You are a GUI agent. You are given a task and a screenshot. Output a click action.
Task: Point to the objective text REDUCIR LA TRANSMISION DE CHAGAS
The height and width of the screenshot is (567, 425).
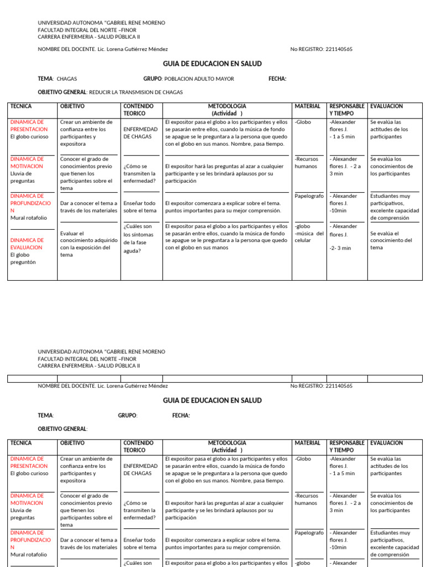point(136,92)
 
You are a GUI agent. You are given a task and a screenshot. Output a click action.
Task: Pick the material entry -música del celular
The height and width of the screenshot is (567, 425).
point(309,236)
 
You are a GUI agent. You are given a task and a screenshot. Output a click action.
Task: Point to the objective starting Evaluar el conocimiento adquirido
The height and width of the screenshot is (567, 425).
point(89,244)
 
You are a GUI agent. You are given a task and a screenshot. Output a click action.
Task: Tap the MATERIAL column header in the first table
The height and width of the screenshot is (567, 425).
point(307,106)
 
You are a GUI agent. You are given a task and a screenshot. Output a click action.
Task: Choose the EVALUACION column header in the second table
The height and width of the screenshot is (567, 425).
point(386,443)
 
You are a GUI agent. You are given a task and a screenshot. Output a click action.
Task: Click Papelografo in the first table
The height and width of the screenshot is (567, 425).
point(309,196)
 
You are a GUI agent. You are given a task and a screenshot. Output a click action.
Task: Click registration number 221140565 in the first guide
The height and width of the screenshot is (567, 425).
point(339,49)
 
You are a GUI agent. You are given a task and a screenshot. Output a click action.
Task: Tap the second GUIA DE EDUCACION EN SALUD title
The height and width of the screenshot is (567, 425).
point(212,400)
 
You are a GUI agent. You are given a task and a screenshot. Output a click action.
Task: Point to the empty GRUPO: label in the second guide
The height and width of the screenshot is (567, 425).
point(127,415)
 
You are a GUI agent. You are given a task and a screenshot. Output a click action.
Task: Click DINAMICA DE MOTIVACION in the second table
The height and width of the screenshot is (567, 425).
point(27,499)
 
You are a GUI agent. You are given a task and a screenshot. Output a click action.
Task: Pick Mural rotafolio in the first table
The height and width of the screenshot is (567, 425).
point(28,218)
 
